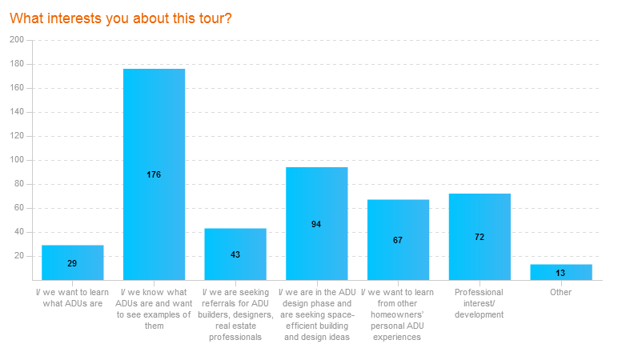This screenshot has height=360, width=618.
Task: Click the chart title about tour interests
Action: [121, 18]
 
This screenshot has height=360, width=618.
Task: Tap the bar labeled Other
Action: [560, 272]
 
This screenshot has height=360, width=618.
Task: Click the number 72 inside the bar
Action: [480, 237]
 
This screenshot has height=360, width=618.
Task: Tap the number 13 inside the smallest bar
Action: [560, 273]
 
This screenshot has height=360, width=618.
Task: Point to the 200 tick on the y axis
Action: [17, 39]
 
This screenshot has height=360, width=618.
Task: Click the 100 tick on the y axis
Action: [17, 160]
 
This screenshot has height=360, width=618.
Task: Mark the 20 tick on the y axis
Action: [19, 256]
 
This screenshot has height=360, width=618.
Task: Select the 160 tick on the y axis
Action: [17, 88]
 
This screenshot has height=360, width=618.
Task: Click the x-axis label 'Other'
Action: [560, 292]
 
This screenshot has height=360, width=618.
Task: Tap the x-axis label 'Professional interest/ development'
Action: [480, 303]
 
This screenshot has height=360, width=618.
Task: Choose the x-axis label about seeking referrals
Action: [235, 314]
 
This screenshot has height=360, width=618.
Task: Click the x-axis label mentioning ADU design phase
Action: [316, 314]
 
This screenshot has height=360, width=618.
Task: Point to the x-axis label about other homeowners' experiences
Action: [398, 314]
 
